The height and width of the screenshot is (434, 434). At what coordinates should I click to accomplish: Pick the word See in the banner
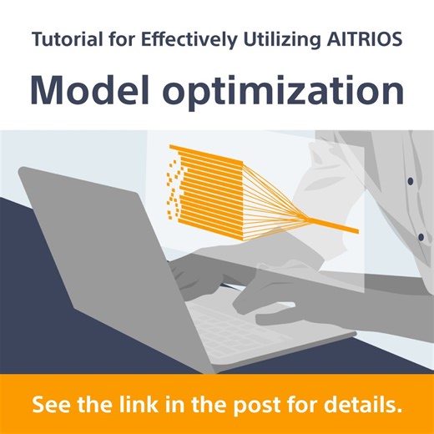click(x=53, y=406)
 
